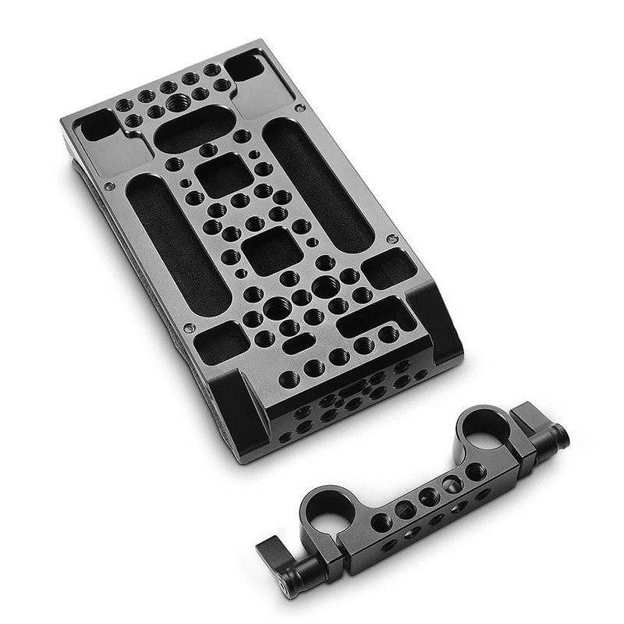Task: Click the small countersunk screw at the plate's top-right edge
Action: (300, 108)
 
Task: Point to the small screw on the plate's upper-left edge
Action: (110, 185)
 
